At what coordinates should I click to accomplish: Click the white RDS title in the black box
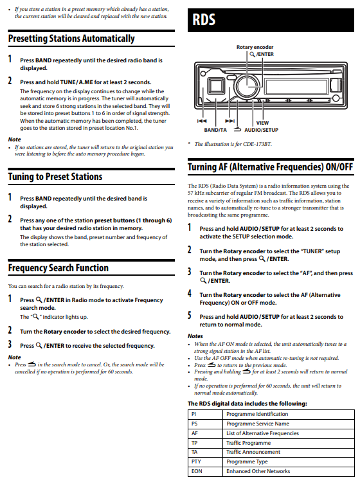pos(203,21)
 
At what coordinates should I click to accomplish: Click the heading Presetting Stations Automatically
pos(71,39)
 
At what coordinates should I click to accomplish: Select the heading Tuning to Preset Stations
pos(55,176)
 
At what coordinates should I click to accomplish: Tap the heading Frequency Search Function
pos(59,267)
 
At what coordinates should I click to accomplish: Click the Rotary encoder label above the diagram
pos(255,47)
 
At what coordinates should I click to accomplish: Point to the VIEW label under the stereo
pos(262,122)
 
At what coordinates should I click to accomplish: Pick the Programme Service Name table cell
pos(257,424)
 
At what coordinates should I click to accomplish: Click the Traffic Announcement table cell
pos(253,452)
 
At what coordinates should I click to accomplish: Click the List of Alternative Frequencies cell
pos(262,433)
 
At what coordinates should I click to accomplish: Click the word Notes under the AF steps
pos(195,336)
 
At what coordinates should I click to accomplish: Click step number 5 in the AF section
pos(190,316)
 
